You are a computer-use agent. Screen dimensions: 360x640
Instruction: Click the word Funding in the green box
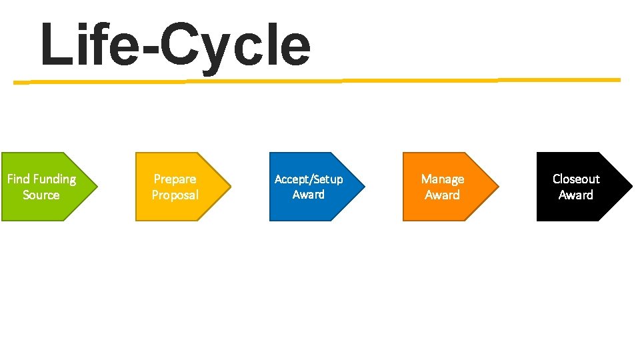(x=54, y=179)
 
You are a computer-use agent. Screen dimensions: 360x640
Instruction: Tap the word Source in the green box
(x=41, y=195)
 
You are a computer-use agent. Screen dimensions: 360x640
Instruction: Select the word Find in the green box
(x=18, y=179)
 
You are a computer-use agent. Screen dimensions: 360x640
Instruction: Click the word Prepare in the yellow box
(x=175, y=179)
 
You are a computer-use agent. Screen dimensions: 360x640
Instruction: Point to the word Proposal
(x=175, y=195)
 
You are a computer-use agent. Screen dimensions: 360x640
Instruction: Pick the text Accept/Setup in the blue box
(x=309, y=179)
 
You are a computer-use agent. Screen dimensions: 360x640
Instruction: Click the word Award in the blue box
(x=309, y=195)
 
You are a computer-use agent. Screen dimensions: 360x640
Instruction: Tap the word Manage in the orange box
(x=443, y=179)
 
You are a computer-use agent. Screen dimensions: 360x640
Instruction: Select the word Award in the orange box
(x=443, y=195)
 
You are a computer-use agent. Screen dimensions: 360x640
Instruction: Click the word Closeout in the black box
(x=576, y=179)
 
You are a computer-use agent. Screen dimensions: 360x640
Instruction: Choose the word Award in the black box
(x=576, y=195)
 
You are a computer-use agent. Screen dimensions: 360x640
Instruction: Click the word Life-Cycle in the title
(x=175, y=45)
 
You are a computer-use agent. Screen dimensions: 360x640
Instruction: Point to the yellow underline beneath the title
(x=317, y=81)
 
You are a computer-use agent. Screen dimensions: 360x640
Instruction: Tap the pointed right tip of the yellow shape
(x=230, y=187)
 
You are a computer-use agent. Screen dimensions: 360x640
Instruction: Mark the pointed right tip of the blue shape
(x=364, y=187)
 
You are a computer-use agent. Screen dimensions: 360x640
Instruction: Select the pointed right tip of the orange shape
(x=497, y=187)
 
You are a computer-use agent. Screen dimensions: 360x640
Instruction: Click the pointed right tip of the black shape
(x=631, y=187)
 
